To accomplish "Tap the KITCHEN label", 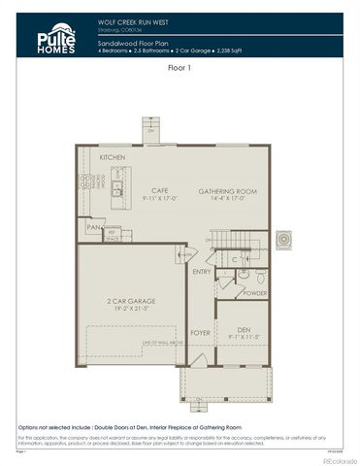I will click(x=113, y=157).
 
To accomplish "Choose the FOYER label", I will click(x=200, y=333).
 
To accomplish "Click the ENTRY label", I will click(x=202, y=273).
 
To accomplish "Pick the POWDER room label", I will click(x=254, y=293).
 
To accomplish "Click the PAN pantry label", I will click(x=93, y=228).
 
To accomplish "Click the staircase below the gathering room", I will click(x=230, y=240).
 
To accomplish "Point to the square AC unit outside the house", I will click(x=283, y=239).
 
